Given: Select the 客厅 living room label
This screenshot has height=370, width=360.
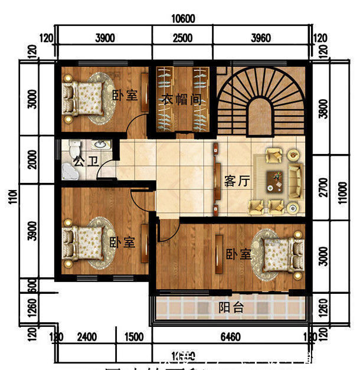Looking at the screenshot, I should click(237, 181).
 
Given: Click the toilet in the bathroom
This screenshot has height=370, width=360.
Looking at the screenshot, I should click(74, 148).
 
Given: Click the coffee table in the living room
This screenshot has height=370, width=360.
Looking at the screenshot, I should click(274, 181).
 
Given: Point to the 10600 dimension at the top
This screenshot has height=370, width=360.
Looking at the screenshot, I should click(183, 19).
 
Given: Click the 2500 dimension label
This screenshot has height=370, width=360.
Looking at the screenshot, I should click(183, 39).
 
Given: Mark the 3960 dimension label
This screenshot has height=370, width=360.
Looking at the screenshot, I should click(260, 39).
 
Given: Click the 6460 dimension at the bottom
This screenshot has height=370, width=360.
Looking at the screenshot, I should click(230, 338).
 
